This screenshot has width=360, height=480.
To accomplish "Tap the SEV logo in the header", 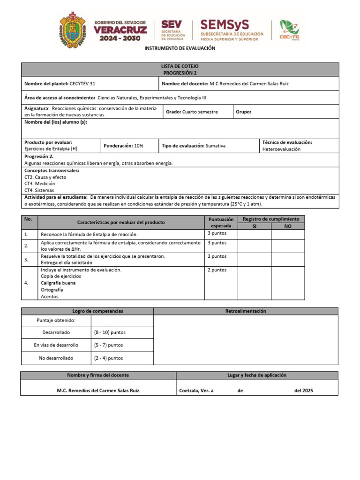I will pos(172,30).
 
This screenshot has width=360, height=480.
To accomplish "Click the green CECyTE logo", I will pos(289,30).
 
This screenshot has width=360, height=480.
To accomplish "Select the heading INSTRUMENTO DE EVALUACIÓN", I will pos(180,48).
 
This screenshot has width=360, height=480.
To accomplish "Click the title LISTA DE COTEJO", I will pos(180,67).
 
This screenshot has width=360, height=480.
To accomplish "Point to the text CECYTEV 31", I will pos(85,83).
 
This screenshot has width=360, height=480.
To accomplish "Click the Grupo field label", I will pos(243,112).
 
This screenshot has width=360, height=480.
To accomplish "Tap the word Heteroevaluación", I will pos(281,149).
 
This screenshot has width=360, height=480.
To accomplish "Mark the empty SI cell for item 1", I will pos(254,234).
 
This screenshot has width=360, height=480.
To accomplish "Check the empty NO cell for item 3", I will pos(287,259).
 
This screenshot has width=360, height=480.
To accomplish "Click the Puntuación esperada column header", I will pos(221,222).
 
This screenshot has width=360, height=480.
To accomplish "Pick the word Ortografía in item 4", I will pos(52,290).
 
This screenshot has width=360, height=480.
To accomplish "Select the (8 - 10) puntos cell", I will pos(110,332).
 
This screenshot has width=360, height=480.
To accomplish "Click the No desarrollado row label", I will pos(56,358).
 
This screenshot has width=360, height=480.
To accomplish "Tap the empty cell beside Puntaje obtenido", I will pos(122,320).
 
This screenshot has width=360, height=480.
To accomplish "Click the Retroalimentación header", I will pos(246,311).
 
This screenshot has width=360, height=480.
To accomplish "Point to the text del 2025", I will pos(304,390).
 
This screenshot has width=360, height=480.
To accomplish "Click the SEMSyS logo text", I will pos(225,24).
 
